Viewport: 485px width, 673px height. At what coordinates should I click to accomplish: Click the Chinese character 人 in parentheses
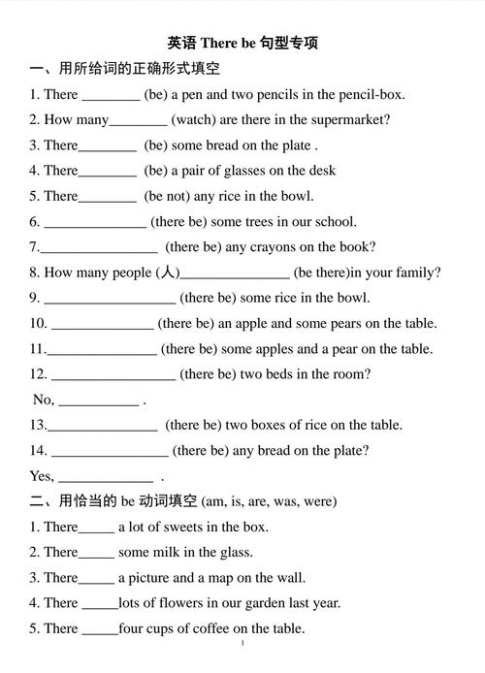tap(168, 273)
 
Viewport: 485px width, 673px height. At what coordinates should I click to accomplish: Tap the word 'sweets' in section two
tap(189, 528)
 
